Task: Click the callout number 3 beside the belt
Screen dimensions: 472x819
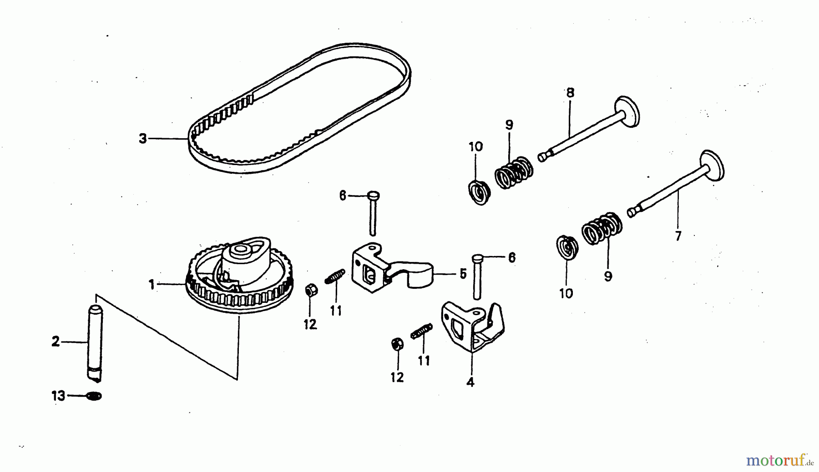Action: (143, 138)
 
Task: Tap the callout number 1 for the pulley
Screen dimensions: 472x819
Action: (152, 285)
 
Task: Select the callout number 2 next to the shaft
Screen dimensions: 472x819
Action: (56, 341)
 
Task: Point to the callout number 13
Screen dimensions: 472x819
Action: (58, 396)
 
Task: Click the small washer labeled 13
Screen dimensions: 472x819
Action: (94, 396)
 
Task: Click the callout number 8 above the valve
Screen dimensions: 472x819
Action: (570, 93)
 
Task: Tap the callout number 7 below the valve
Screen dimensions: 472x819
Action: (678, 236)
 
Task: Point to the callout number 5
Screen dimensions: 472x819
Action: (463, 274)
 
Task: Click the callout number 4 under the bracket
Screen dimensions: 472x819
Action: (470, 382)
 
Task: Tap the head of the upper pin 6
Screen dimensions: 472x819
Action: (374, 196)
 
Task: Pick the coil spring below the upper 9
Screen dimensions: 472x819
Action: (514, 172)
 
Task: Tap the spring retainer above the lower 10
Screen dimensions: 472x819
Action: (567, 248)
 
